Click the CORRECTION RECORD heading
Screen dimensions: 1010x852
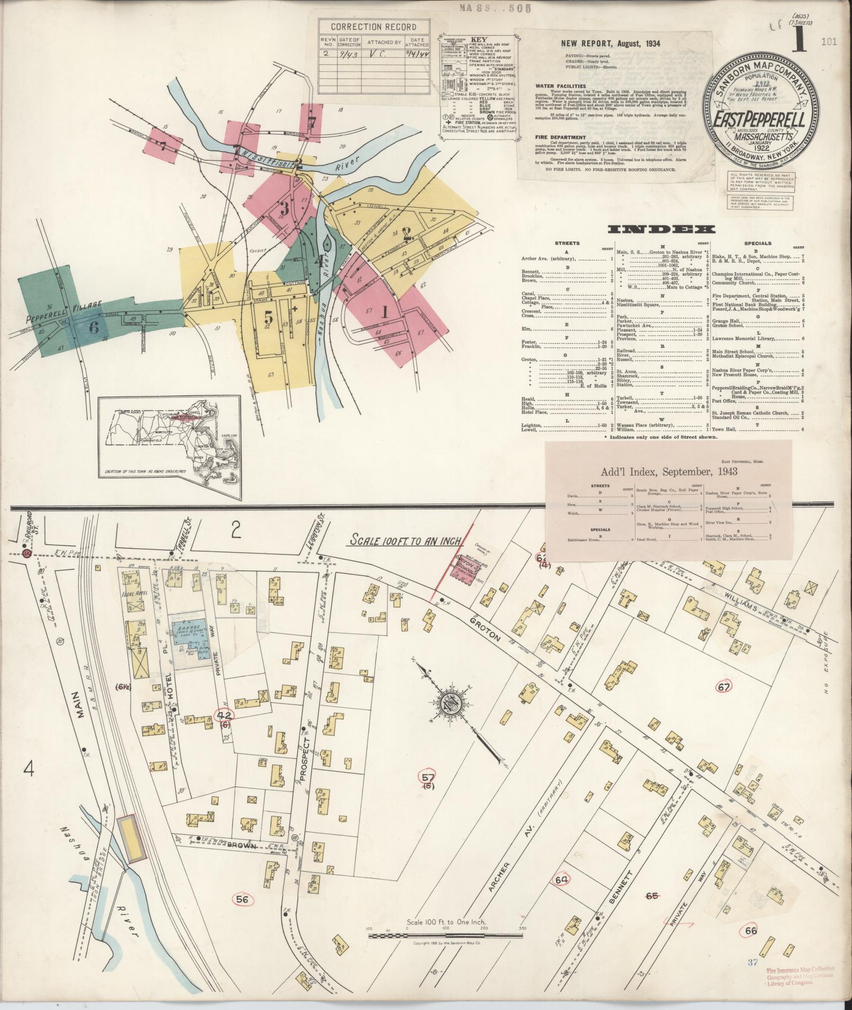(x=373, y=27)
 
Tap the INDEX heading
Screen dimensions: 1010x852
(x=662, y=229)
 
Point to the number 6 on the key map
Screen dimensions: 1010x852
(x=93, y=327)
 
